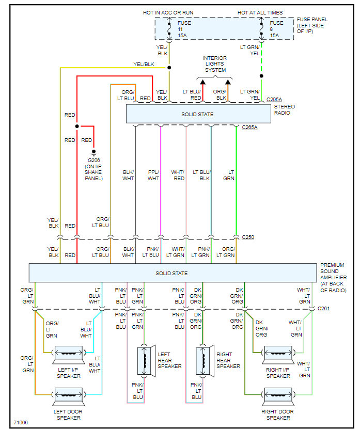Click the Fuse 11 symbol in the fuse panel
(x=169, y=29)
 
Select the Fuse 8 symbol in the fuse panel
(x=261, y=29)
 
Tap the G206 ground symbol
(x=93, y=153)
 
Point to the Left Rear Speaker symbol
(x=145, y=360)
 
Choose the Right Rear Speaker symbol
(x=204, y=360)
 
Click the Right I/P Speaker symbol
(x=277, y=354)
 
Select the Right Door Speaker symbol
(x=277, y=396)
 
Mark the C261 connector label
(x=324, y=309)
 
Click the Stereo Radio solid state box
(x=198, y=114)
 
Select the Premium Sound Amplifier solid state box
(x=172, y=273)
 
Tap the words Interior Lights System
(x=215, y=64)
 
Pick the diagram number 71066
(x=21, y=423)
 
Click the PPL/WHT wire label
(x=153, y=175)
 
